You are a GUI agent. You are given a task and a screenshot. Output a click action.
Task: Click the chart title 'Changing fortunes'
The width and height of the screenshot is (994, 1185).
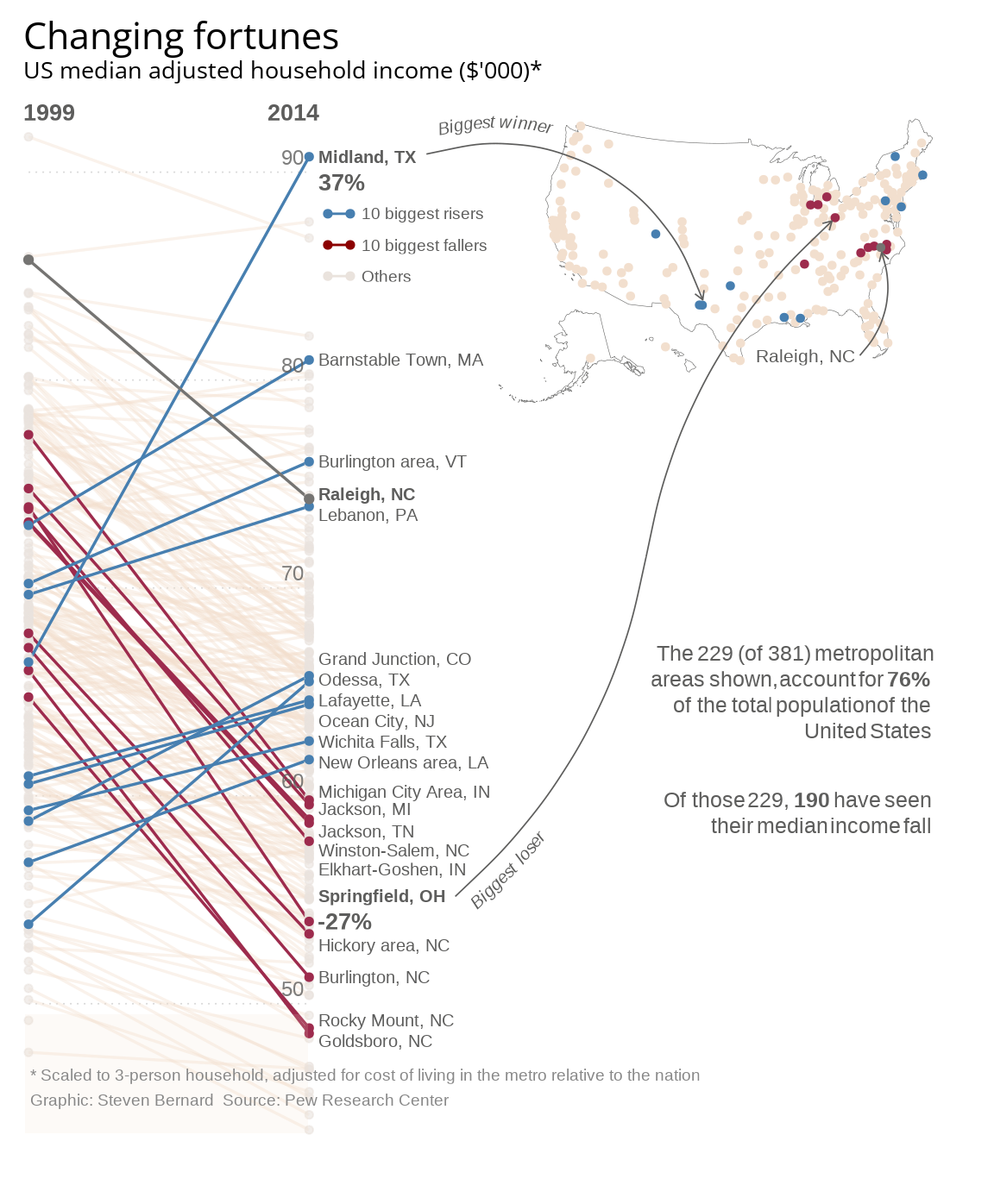181,37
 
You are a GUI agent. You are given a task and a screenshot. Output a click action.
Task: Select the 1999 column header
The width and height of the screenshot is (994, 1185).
49,113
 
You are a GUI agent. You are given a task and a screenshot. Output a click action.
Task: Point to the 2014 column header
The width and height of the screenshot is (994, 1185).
293,113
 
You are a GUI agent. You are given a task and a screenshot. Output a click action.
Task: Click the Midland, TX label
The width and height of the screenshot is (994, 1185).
368,157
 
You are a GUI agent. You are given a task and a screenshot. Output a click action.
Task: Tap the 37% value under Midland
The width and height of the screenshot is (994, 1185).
342,183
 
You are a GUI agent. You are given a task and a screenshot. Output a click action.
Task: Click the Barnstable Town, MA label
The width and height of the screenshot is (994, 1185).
400,360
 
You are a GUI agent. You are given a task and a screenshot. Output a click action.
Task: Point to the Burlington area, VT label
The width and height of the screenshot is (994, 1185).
393,461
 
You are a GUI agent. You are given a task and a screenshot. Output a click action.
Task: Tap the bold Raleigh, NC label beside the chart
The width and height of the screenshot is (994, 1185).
367,494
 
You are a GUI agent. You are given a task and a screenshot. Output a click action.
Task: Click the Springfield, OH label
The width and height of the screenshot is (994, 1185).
381,896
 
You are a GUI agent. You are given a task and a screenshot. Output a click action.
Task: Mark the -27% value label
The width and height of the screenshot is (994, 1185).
345,921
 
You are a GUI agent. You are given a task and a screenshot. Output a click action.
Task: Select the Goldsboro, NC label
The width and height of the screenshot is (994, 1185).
375,1041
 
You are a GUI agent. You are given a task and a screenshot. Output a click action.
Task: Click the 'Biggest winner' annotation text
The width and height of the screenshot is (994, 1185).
495,126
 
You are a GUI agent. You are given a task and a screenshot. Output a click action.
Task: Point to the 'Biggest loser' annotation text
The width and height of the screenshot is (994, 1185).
508,871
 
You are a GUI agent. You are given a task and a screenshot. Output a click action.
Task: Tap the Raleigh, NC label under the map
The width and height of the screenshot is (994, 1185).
805,356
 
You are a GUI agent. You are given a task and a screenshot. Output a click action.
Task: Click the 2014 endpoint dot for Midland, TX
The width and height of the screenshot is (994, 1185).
309,157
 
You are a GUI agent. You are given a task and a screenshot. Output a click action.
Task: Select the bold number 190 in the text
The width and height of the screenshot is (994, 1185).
811,800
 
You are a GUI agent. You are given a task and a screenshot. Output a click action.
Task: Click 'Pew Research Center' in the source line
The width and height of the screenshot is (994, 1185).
367,1100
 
